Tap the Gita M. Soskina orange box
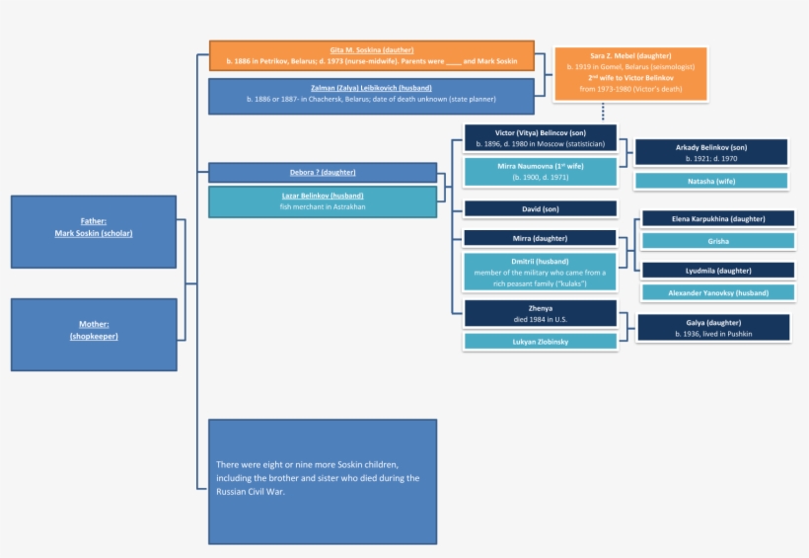pos(372,55)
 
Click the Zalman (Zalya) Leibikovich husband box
pos(372,96)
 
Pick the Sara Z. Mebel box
pos(630,74)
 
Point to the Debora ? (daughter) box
pos(323,173)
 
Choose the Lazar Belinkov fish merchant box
pos(323,201)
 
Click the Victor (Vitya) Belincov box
pos(540,137)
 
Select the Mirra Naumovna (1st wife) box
pos(540,172)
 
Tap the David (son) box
pos(540,208)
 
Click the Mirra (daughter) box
pos(540,238)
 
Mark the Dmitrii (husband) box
pos(540,273)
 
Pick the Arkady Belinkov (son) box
pos(711,152)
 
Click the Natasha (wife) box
pos(711,181)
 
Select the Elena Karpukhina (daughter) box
pos(718,218)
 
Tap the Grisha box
pos(718,240)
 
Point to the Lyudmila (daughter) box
pos(718,270)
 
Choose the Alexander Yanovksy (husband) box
pos(718,292)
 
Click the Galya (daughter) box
pos(714,328)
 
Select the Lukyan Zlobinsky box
pos(540,341)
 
